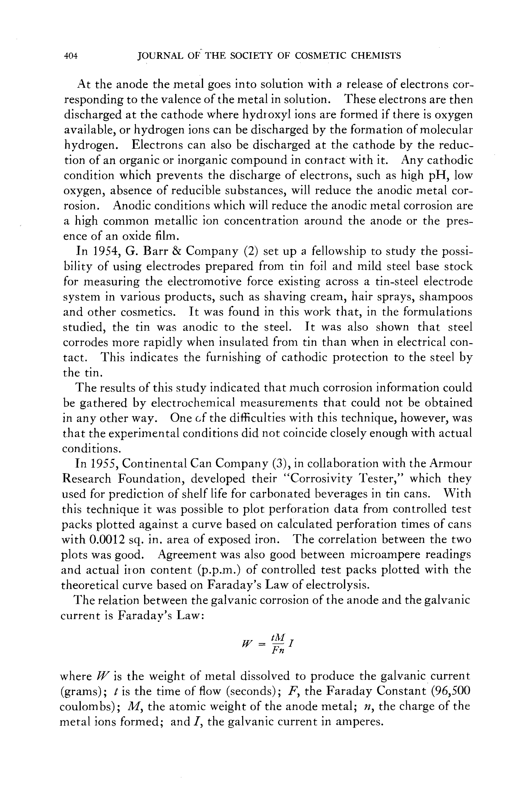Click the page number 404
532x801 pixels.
pyautogui.click(x=71, y=56)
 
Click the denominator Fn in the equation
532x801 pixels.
pyautogui.click(x=278, y=650)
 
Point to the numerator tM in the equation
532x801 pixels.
pyautogui.click(x=278, y=637)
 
